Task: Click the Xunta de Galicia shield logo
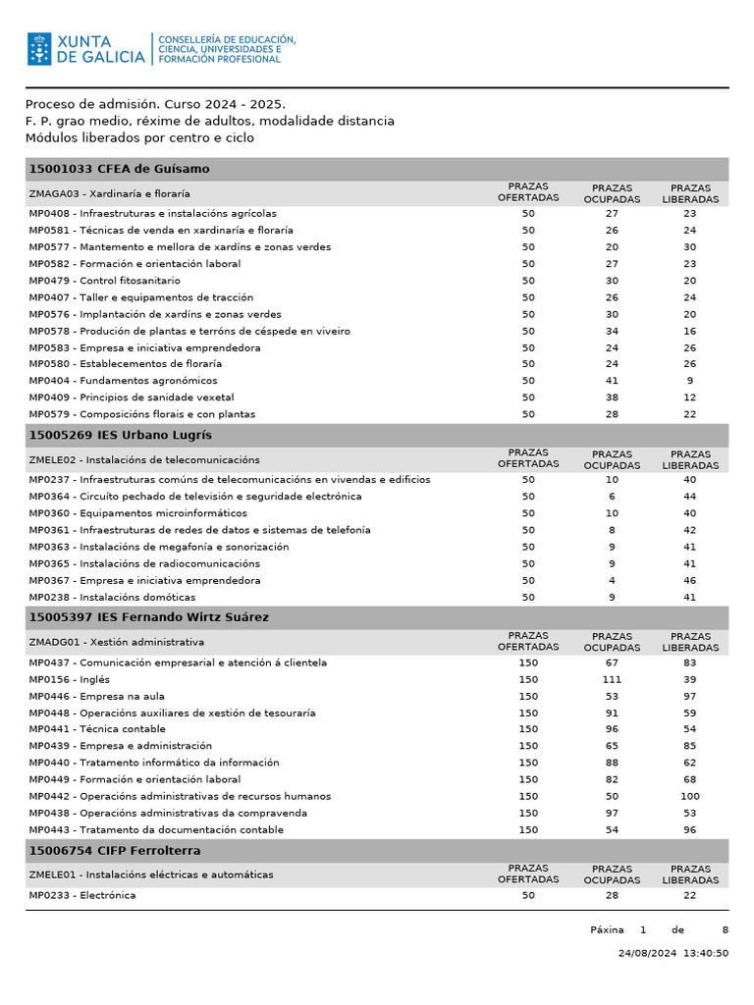pos(39,49)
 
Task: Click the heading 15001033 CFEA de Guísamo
pos(119,169)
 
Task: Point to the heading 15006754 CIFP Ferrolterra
pos(115,851)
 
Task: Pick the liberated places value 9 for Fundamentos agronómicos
pos(690,381)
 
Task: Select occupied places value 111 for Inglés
pos(612,680)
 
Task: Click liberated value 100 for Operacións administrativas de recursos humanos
pos(690,797)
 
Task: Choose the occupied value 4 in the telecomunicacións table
pos(612,581)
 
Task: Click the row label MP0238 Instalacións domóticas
pos(112,598)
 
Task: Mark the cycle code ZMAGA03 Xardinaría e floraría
pos(110,194)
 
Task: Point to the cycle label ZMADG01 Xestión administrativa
pos(117,642)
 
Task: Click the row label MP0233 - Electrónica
pos(82,896)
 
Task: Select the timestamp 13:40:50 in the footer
pos(707,953)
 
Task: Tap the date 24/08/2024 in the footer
pos(648,953)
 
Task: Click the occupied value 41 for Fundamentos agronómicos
pos(612,381)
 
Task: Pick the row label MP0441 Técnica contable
pos(97,730)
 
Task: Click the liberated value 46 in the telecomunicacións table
pos(690,581)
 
